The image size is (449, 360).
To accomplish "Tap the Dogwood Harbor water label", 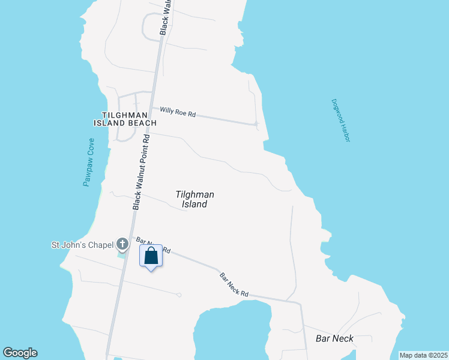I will pyautogui.click(x=340, y=120).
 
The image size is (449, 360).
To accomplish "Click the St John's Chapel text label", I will pyautogui.click(x=82, y=244).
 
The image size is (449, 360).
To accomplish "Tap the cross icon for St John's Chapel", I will pyautogui.click(x=122, y=244).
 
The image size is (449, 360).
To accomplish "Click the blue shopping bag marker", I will pyautogui.click(x=151, y=256).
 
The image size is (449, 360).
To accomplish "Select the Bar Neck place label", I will pyautogui.click(x=334, y=338).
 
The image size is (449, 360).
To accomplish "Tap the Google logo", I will pyautogui.click(x=20, y=353).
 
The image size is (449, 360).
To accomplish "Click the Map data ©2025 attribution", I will pyautogui.click(x=423, y=355).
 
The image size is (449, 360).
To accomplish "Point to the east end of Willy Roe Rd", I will pyautogui.click(x=256, y=124).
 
